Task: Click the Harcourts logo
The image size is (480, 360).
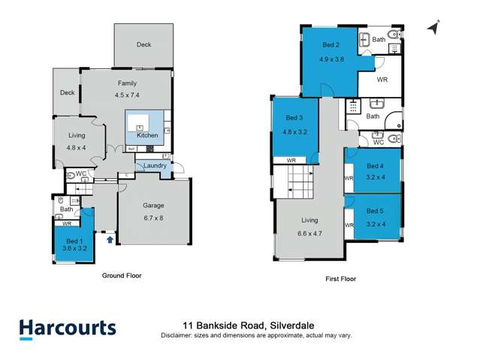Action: (67, 328)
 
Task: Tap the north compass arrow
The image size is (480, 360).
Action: (432, 27)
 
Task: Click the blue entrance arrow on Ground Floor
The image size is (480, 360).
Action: (111, 241)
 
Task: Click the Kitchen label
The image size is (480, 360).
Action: (147, 135)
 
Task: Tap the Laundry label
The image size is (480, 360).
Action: (155, 166)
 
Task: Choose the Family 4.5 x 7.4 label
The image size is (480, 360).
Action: (126, 89)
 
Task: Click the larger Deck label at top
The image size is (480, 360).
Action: (143, 45)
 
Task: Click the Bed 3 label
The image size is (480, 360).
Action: (294, 124)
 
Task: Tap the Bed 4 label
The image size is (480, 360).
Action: (375, 171)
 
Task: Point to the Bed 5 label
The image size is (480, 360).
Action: (375, 218)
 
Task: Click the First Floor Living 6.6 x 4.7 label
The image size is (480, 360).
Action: (309, 227)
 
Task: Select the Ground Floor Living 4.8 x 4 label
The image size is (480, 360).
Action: (76, 141)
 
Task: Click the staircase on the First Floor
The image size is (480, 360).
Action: (294, 182)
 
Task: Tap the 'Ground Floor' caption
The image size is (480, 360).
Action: (122, 276)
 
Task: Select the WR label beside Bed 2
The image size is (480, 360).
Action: (382, 79)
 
